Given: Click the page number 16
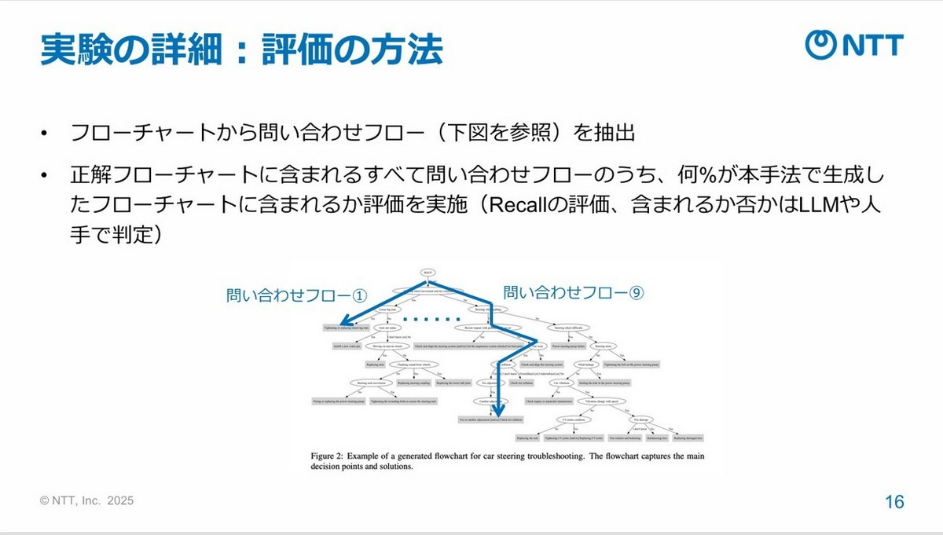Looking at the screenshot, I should [893, 502].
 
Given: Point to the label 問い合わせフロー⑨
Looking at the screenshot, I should [574, 293].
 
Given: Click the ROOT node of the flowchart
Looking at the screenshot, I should [427, 273].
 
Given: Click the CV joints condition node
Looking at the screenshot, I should [558, 419].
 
